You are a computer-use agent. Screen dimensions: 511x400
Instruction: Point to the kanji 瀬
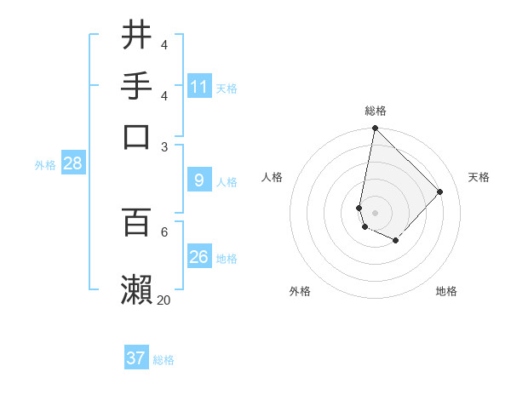[x=136, y=289]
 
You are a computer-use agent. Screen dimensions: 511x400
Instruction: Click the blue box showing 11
[x=199, y=87]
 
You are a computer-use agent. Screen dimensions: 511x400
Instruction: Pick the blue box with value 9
[x=199, y=180]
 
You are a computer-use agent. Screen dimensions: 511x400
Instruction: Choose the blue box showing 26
[x=199, y=256]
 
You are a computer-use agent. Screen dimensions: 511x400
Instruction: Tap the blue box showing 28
[x=73, y=164]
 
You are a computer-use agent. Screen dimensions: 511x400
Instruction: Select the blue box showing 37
[x=136, y=358]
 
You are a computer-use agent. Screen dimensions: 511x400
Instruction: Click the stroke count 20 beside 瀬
[x=164, y=300]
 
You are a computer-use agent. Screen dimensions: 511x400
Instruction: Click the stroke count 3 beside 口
[x=164, y=146]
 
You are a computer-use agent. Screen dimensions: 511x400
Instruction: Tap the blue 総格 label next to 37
[x=164, y=360]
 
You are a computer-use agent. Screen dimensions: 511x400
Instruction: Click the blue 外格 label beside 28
[x=45, y=166]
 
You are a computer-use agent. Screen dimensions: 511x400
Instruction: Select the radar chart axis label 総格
[x=375, y=111]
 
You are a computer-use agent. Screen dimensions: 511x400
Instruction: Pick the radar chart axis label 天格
[x=479, y=177]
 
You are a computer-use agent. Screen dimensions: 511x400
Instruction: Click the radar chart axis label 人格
[x=273, y=177]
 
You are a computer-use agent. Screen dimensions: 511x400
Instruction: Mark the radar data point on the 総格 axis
[x=375, y=129]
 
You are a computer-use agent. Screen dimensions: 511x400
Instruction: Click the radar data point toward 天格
[x=440, y=191]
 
